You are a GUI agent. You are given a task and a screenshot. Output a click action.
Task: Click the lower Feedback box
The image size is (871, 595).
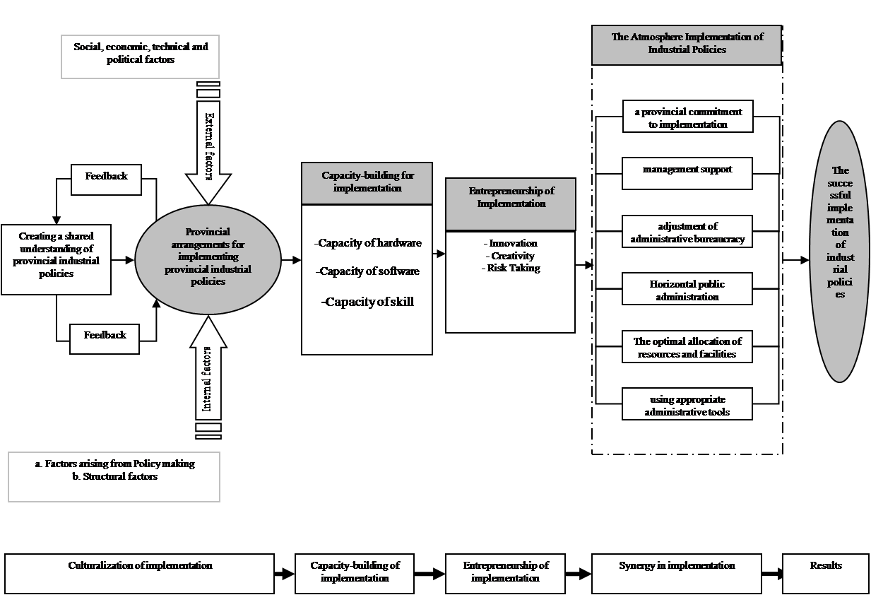[x=105, y=338]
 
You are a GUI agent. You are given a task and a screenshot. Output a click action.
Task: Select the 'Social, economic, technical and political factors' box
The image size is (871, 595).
[x=141, y=57]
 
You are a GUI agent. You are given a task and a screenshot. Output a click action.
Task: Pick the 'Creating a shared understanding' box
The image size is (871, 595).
[x=56, y=259]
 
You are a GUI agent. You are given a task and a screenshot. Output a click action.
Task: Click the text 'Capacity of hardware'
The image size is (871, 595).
[x=368, y=243]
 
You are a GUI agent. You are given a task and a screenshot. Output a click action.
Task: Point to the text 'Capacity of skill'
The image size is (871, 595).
[x=367, y=302]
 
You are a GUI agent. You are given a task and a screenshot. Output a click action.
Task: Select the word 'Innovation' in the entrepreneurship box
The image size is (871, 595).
[x=513, y=243]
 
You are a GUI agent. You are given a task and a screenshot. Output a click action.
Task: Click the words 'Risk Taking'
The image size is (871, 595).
[x=513, y=268]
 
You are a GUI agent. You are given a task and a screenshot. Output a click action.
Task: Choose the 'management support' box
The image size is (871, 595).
[x=687, y=173]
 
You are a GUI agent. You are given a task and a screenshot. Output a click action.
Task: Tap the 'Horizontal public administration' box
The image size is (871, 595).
[x=687, y=290]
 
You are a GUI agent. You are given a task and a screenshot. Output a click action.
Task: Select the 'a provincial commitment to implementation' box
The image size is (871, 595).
[x=687, y=117]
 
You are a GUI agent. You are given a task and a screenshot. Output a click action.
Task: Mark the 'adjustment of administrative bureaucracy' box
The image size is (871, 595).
[x=687, y=232]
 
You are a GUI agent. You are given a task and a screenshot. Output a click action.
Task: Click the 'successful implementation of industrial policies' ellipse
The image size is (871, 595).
[x=840, y=251]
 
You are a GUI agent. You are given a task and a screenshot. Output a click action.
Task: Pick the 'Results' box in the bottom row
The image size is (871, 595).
[x=826, y=572]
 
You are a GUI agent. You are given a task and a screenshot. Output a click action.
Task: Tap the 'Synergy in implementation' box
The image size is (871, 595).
[x=676, y=572]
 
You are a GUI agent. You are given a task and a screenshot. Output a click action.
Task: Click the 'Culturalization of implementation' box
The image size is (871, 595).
[x=140, y=572]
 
